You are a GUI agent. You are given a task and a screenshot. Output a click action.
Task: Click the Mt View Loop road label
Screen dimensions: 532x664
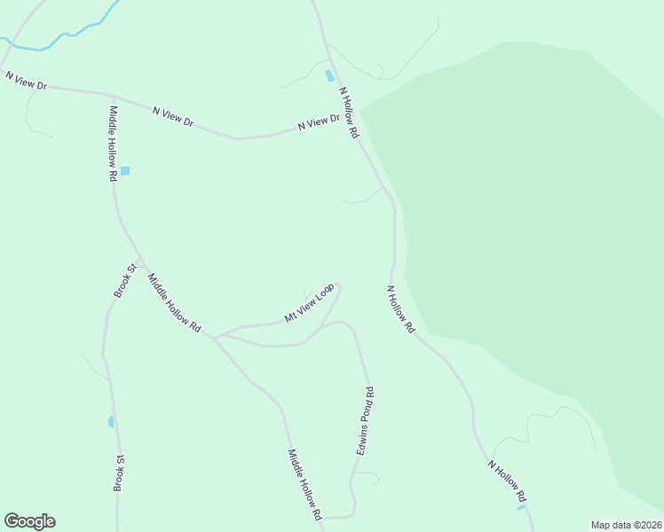coord(308,303)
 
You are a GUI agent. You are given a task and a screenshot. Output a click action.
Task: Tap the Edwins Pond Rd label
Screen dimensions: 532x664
coord(365,421)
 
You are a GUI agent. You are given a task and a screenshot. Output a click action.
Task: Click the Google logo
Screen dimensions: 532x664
coord(29,521)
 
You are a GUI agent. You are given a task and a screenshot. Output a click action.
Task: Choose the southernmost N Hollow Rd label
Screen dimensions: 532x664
coord(508,481)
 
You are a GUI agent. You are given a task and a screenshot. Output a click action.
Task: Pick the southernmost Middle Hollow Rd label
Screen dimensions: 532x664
coord(303,484)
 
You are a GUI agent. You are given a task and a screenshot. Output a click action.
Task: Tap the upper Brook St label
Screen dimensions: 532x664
coord(123,280)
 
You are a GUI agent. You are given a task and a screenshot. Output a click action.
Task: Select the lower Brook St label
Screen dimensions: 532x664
coord(118,473)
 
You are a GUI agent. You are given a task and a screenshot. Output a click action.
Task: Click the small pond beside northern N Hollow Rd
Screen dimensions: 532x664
coord(330,76)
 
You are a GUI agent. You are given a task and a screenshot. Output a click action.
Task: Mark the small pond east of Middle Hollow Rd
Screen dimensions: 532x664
coord(125,170)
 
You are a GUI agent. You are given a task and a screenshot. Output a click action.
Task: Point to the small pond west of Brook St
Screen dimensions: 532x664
coord(111,421)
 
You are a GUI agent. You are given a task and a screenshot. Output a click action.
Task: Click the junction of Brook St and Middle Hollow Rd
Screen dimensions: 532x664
coord(139,265)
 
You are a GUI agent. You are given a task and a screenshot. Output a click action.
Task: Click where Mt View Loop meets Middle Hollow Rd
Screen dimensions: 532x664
coord(213,336)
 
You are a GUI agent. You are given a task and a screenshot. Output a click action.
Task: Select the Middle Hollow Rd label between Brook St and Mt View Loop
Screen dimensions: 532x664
coord(174,302)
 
